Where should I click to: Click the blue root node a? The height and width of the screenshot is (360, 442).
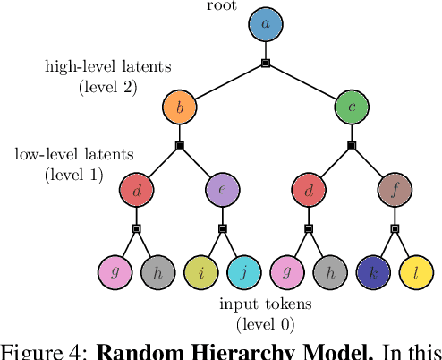coord(266,25)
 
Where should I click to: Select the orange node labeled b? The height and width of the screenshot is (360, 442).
coord(180,107)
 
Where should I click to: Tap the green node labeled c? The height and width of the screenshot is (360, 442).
coord(352,107)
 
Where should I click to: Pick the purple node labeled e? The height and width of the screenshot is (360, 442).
coord(223,190)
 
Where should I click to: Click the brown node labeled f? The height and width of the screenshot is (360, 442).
coord(395,190)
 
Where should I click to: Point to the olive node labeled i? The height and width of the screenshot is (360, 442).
coord(201,272)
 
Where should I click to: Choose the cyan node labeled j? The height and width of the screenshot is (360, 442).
coord(244,272)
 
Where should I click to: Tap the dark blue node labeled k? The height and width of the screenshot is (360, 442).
coord(373,272)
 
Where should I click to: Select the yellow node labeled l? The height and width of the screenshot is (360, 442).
coord(416,272)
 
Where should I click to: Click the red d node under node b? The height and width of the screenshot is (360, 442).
coord(137,190)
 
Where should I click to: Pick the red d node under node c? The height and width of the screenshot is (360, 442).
coord(309,190)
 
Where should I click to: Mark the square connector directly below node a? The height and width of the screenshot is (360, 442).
coord(266,63)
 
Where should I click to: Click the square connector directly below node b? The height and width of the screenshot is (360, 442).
coord(180,145)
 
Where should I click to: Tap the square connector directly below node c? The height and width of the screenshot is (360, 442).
coord(352,145)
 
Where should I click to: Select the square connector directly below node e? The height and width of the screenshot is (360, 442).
coord(223,228)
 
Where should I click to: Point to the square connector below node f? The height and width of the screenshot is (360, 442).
coord(395,228)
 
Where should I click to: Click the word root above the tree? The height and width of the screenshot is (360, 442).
coord(221,5)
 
